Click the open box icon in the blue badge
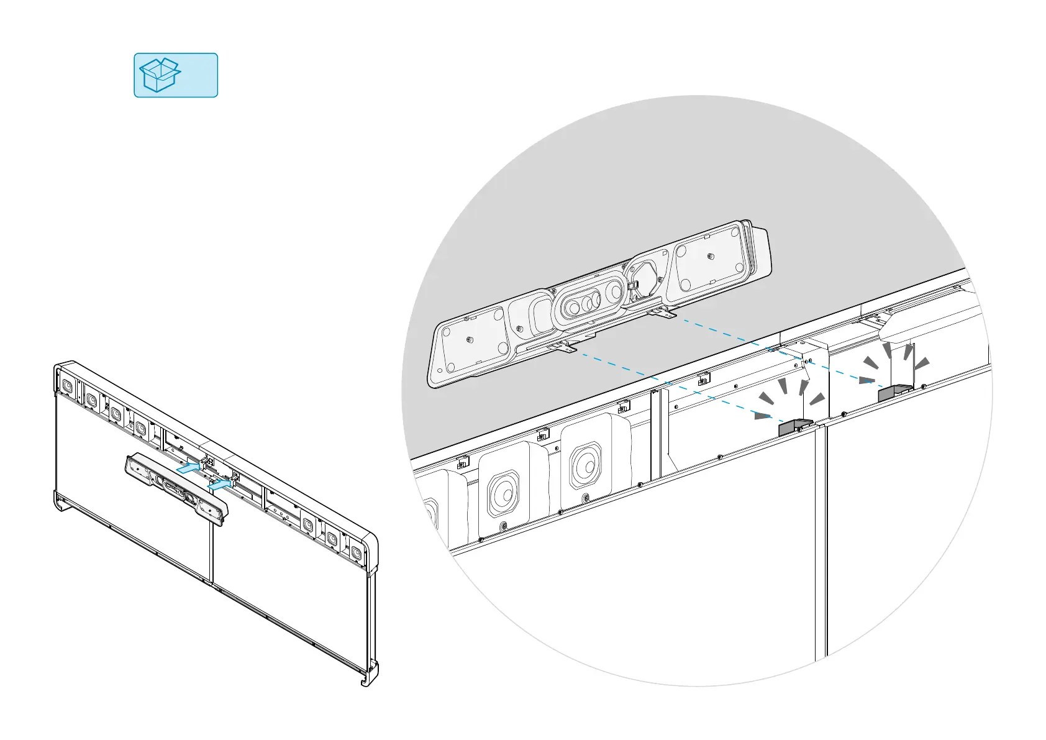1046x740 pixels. (160, 75)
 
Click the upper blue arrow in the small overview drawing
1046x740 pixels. (189, 468)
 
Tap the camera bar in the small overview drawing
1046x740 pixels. (176, 488)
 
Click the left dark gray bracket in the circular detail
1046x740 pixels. (794, 427)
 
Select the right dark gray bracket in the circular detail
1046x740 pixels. (894, 392)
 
